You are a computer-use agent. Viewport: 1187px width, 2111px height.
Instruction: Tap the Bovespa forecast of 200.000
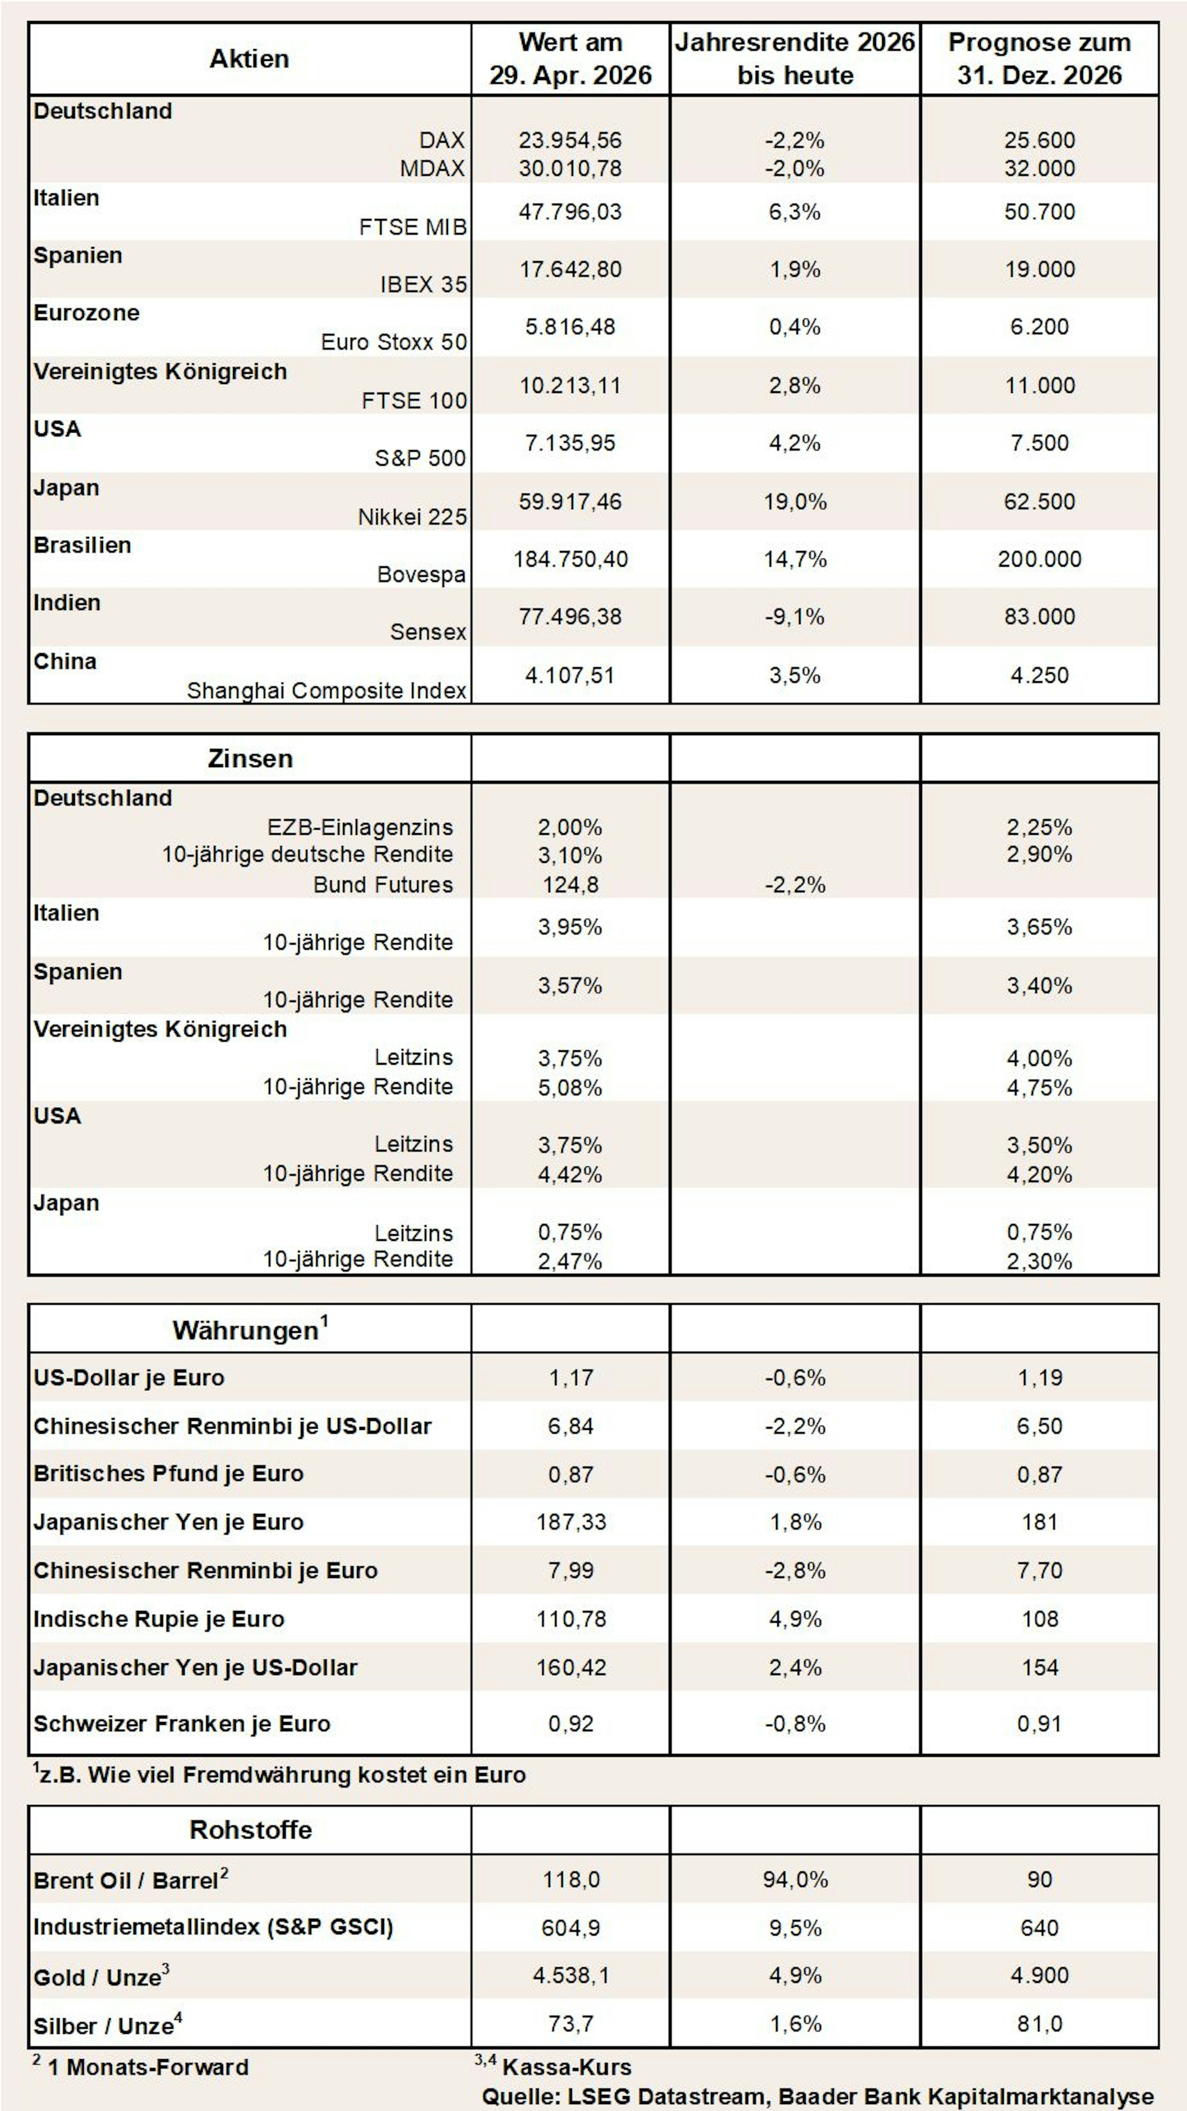coord(1040,559)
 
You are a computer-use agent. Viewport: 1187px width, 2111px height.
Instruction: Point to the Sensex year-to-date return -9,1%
coord(794,616)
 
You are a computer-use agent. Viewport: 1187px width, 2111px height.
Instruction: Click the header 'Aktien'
coord(249,59)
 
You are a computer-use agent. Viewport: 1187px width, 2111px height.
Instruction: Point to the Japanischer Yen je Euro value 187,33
coord(571,1522)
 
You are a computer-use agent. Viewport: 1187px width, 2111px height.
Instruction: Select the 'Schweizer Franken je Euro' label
coord(182,1724)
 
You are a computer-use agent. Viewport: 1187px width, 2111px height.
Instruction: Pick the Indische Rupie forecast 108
coord(1040,1619)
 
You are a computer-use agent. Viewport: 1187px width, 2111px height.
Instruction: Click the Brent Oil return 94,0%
coord(794,1880)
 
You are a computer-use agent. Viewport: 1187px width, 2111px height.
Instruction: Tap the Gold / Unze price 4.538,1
coord(571,1976)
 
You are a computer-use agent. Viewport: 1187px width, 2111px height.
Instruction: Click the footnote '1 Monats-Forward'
coord(147,2067)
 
